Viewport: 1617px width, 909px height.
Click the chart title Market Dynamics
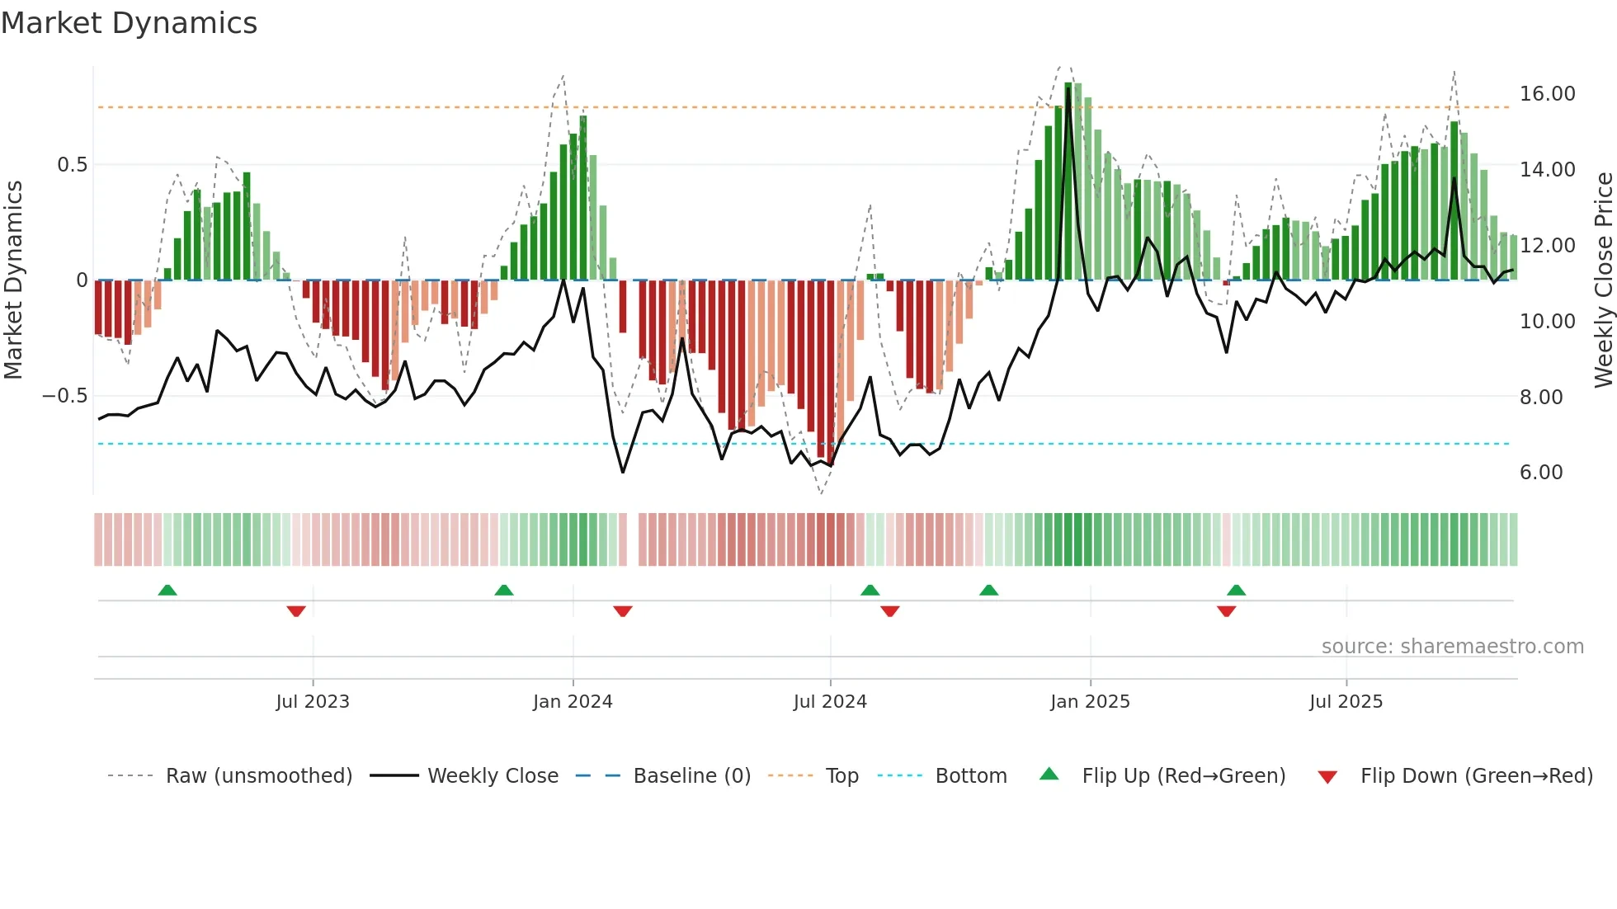129,23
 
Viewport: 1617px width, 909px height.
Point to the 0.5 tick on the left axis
72,165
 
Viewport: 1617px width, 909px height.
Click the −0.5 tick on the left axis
64,396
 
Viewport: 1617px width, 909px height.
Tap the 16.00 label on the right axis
1547,94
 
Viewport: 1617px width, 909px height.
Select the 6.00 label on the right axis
1540,473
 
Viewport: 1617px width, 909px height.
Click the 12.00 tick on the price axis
1547,246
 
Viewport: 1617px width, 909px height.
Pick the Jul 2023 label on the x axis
313,702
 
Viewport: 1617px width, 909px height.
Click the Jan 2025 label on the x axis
1090,702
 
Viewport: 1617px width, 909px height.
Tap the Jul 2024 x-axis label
830,702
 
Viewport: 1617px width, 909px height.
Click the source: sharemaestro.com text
1452,647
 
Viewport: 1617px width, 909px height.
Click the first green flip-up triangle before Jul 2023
167,590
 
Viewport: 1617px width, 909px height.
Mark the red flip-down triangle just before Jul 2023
296,611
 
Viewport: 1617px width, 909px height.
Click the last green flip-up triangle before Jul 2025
1236,590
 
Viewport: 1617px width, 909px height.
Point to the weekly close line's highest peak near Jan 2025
1068,89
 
